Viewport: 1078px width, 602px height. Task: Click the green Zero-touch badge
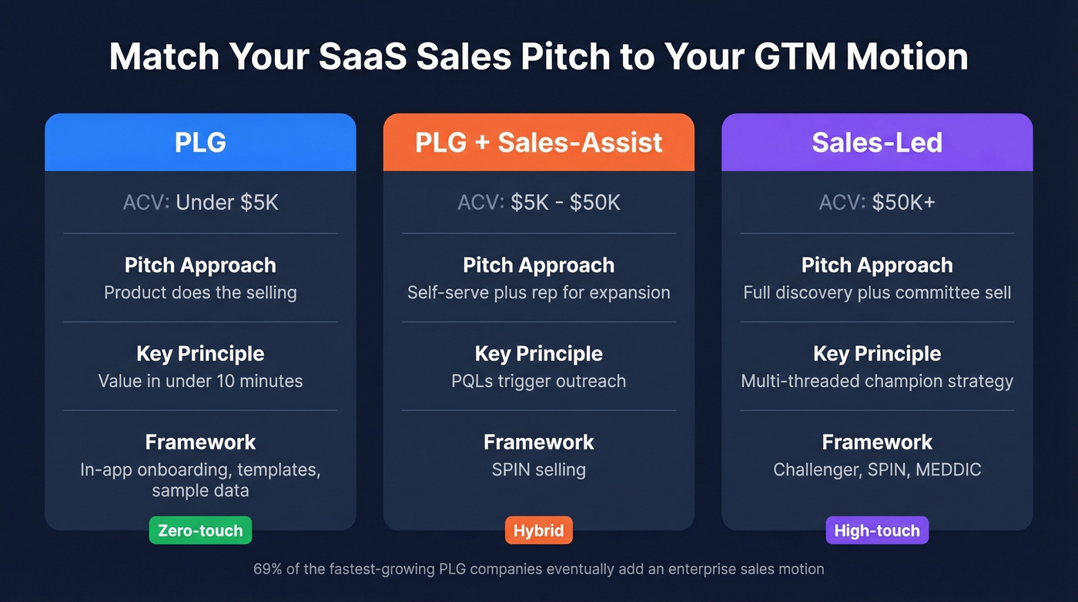point(200,530)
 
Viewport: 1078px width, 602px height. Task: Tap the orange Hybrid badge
point(539,530)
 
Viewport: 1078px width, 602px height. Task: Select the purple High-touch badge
point(877,530)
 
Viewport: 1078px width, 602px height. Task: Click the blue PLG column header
point(200,143)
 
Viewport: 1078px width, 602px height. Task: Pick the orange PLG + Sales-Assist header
point(539,143)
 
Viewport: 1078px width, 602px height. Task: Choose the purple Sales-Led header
point(877,143)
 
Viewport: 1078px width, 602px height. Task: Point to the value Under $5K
point(227,203)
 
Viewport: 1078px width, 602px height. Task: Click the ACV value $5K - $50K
point(565,203)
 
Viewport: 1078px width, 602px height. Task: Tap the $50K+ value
point(903,203)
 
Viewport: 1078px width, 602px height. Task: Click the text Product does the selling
point(200,293)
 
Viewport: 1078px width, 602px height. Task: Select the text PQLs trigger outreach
point(539,381)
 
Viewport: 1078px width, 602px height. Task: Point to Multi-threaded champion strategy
point(877,381)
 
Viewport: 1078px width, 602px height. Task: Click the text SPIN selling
point(539,469)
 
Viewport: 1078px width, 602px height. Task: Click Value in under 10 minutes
point(200,381)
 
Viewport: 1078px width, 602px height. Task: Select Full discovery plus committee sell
point(877,293)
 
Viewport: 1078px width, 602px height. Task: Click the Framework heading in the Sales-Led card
point(877,442)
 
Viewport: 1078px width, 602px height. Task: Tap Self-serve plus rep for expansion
point(539,293)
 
